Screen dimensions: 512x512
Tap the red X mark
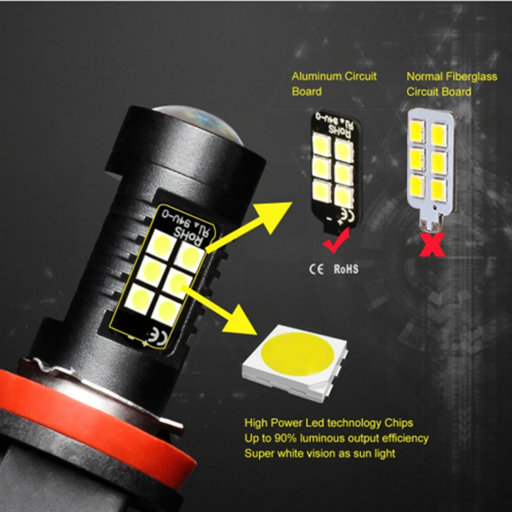pyautogui.click(x=432, y=244)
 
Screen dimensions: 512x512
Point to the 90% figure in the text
pyautogui.click(x=285, y=438)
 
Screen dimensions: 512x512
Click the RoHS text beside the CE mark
pyautogui.click(x=346, y=269)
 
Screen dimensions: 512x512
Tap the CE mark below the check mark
pyautogui.click(x=316, y=269)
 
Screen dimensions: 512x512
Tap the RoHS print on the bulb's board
pyautogui.click(x=188, y=236)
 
